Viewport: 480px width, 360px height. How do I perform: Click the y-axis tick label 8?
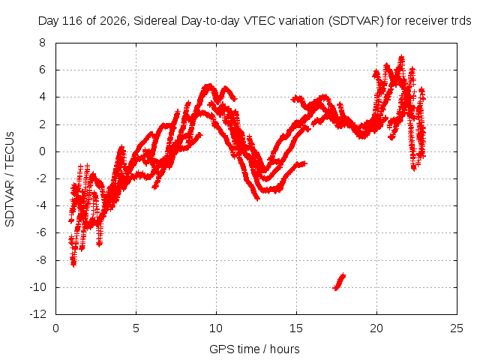(x=42, y=43)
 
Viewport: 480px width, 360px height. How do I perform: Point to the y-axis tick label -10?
(x=38, y=287)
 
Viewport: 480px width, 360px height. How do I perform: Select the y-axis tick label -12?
(x=38, y=314)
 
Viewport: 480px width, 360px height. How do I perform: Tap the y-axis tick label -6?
(x=40, y=233)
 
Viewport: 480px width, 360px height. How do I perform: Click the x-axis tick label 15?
(x=296, y=328)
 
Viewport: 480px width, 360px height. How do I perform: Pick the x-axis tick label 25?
(x=457, y=328)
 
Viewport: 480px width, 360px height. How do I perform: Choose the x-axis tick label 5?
(x=136, y=328)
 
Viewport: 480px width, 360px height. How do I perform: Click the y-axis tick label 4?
(x=42, y=97)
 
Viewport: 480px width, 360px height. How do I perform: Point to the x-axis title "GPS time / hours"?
(x=254, y=349)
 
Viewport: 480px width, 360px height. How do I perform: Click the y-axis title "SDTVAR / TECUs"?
(x=10, y=179)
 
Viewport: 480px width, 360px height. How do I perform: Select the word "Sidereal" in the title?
(x=155, y=21)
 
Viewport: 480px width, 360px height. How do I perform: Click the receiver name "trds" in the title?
(x=461, y=21)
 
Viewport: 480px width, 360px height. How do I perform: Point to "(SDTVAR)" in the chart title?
(x=356, y=21)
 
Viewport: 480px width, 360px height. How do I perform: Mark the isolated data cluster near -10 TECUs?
(x=339, y=282)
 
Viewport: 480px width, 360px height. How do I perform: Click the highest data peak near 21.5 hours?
(x=401, y=57)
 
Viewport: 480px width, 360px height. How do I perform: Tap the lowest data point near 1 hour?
(x=73, y=264)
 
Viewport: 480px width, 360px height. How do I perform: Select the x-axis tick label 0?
(x=55, y=328)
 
